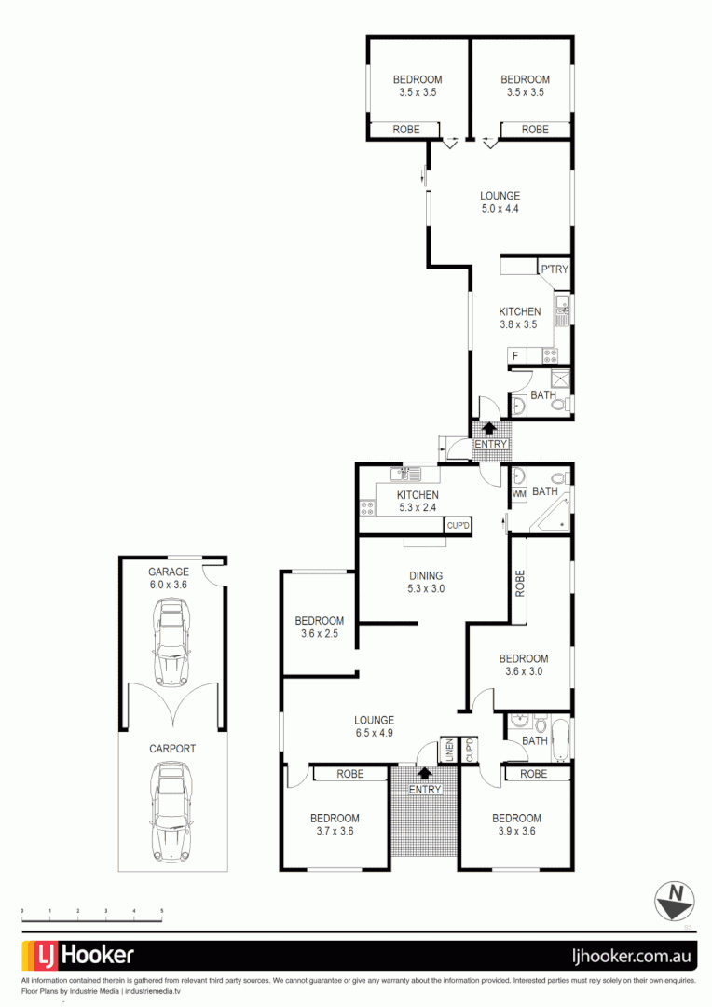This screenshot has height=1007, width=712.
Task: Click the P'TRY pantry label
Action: [x=554, y=269]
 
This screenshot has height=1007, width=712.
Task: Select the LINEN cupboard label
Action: [x=448, y=751]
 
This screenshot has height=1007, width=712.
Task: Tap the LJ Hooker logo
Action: [x=78, y=956]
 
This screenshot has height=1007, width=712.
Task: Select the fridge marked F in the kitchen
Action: [x=514, y=355]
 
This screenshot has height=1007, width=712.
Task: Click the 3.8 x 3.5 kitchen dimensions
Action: [x=519, y=325]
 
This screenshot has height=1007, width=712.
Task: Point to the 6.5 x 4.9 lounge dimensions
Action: [x=374, y=734]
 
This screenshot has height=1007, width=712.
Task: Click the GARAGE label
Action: [x=169, y=572]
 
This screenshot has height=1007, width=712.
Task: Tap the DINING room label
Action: [x=425, y=575]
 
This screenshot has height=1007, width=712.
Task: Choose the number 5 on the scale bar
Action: [x=163, y=910]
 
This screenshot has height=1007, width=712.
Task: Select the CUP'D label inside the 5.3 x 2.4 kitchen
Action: [x=458, y=526]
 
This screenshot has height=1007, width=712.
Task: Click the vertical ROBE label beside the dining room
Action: [x=520, y=584]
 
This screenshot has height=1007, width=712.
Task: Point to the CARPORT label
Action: [x=172, y=748]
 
